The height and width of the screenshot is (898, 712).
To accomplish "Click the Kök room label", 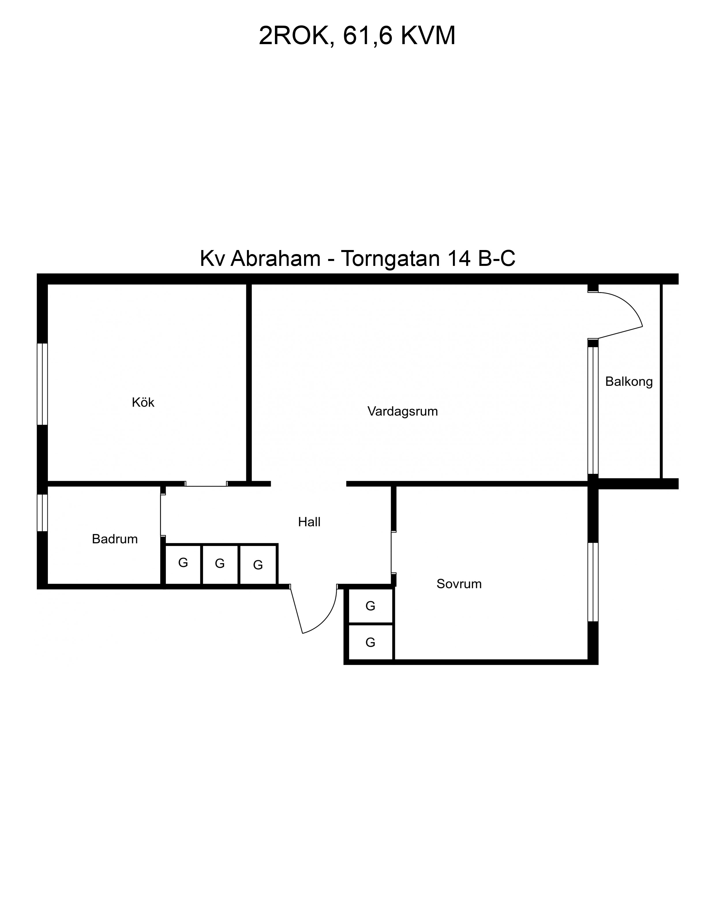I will [143, 402].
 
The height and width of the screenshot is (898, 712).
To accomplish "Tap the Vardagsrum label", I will [402, 412].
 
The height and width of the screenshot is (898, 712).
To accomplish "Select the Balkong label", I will [628, 382].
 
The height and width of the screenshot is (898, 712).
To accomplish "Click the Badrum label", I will [115, 539].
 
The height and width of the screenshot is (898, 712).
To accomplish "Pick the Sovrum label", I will [459, 584].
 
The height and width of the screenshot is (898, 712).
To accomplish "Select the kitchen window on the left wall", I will [42, 384].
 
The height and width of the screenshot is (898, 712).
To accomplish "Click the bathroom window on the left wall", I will [42, 513].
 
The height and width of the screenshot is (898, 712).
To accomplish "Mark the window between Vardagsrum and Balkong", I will [593, 410].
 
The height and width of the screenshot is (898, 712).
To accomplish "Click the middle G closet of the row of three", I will [220, 564].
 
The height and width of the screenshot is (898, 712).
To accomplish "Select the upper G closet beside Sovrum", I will [370, 606].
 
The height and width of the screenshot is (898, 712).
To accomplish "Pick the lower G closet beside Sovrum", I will [370, 642].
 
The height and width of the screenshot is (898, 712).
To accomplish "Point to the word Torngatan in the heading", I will [390, 259].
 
